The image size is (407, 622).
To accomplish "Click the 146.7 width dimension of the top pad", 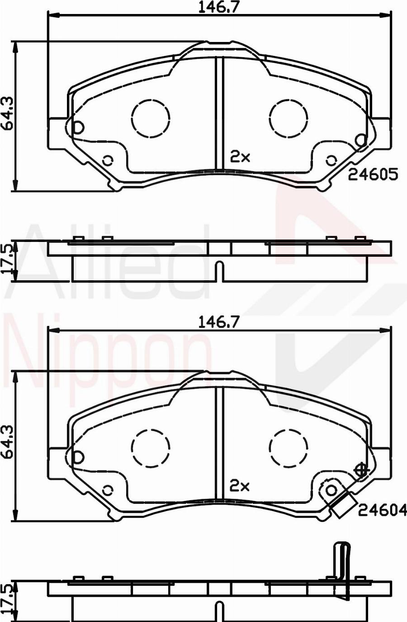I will pos(219,7).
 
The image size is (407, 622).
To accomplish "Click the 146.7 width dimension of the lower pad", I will pos(219,321).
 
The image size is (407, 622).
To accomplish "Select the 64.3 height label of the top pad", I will pos(7,113).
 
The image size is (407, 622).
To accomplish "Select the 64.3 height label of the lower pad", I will pos(7,442).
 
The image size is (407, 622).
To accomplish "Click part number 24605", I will pos(373,174).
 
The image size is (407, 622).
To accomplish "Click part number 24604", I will pos(383,510).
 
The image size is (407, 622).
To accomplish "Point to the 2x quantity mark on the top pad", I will pos(240,157).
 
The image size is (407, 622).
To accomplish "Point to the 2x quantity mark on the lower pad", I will pos(240,486).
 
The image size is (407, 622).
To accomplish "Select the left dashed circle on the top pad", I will pos(151,118).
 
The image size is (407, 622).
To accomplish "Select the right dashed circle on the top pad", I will pos(289,118).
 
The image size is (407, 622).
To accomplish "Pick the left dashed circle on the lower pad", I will pos(151,447).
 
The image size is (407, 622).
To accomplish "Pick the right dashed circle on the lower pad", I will pos(289,447).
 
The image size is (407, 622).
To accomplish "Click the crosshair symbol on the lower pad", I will pos(361,470).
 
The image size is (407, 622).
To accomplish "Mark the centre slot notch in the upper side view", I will pos(219,271).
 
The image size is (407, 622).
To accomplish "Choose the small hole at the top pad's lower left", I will pos(108,160).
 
